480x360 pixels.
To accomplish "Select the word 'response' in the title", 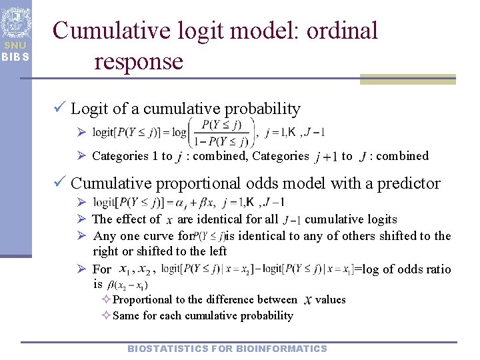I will [138, 61].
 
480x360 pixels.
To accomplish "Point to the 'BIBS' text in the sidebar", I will [15, 56].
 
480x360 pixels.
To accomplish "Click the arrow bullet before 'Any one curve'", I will [80, 236].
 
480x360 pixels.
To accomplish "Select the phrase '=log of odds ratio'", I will [403, 269].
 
